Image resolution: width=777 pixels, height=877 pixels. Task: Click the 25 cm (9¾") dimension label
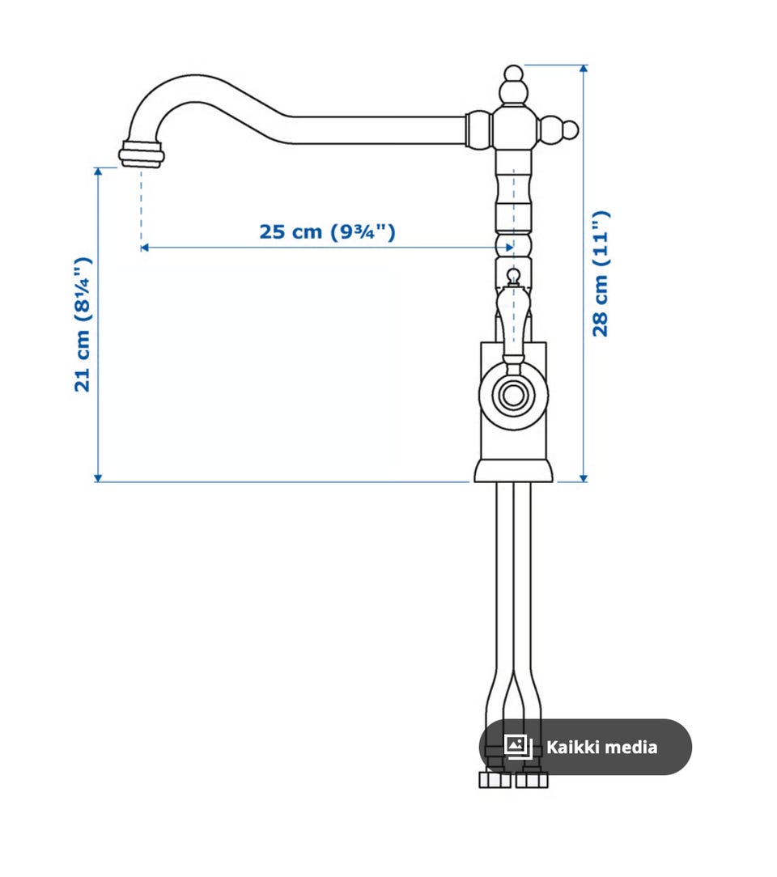(x=327, y=231)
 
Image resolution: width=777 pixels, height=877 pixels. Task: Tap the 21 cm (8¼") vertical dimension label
(x=83, y=324)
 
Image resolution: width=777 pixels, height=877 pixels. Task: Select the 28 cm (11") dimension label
(x=601, y=273)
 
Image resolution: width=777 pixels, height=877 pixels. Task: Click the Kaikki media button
(x=585, y=747)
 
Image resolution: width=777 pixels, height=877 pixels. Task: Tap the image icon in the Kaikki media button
(x=517, y=747)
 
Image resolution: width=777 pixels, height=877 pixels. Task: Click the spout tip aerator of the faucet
(x=140, y=154)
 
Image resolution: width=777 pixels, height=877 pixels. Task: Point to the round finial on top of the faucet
(x=513, y=74)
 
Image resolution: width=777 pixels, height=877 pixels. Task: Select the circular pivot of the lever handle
(x=513, y=395)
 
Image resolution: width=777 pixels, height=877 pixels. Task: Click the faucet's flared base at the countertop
(x=513, y=471)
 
